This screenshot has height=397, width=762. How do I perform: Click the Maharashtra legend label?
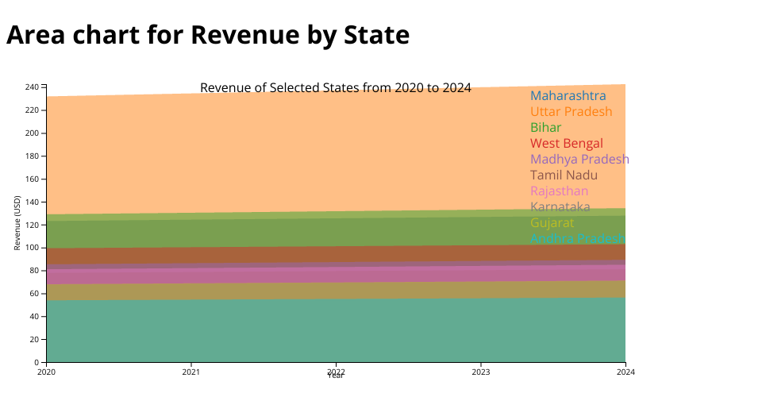click(568, 96)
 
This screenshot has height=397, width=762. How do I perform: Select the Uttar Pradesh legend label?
click(571, 112)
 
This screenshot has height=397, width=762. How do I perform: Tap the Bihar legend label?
click(545, 128)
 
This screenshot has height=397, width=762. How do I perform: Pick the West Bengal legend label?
click(566, 144)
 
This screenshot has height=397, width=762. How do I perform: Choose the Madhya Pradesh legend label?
click(579, 160)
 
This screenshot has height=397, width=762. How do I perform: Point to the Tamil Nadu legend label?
click(564, 175)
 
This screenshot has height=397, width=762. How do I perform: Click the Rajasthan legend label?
click(559, 191)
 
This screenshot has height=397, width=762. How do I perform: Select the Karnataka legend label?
click(560, 207)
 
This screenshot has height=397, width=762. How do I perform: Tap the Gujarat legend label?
click(552, 223)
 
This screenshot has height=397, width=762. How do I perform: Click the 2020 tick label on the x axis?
click(46, 372)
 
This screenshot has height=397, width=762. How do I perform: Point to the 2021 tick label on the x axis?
click(191, 372)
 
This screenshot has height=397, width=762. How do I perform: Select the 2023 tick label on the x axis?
click(481, 372)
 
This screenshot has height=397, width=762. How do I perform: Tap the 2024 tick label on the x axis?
click(625, 372)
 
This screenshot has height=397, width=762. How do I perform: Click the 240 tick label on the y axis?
click(32, 87)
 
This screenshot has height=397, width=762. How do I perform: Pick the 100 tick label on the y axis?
click(32, 248)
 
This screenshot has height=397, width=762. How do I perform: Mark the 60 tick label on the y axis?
click(34, 294)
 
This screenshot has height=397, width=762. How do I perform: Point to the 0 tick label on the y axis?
click(37, 362)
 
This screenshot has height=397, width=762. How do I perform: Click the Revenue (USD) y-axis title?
click(17, 223)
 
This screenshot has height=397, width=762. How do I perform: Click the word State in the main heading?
click(371, 35)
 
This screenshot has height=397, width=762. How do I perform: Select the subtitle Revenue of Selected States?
click(335, 87)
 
